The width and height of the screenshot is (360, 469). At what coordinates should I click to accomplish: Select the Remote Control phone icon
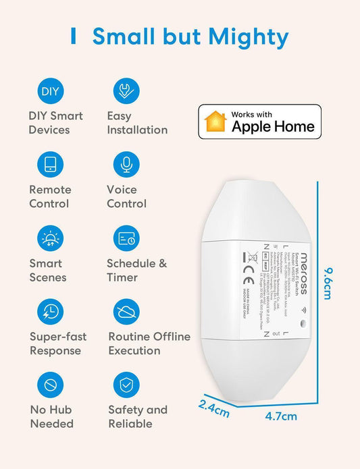click(x=50, y=165)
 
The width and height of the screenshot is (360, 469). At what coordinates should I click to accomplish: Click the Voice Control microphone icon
click(x=126, y=165)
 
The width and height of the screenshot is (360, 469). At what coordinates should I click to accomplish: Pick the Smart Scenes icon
click(x=50, y=238)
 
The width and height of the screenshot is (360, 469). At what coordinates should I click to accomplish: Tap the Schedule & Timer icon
click(x=126, y=238)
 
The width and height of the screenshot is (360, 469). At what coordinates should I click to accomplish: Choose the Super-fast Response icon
click(x=50, y=312)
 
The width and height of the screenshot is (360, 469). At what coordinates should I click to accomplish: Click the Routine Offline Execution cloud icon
click(x=126, y=312)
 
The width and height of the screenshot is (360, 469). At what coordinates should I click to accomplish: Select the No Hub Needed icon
click(x=50, y=385)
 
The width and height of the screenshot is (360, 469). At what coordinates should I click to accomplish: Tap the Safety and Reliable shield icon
click(x=126, y=385)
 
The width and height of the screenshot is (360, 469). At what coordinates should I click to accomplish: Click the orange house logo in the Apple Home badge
click(x=215, y=121)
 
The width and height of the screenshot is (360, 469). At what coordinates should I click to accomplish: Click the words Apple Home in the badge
click(x=272, y=126)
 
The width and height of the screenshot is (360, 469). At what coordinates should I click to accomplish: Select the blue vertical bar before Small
click(x=73, y=36)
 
